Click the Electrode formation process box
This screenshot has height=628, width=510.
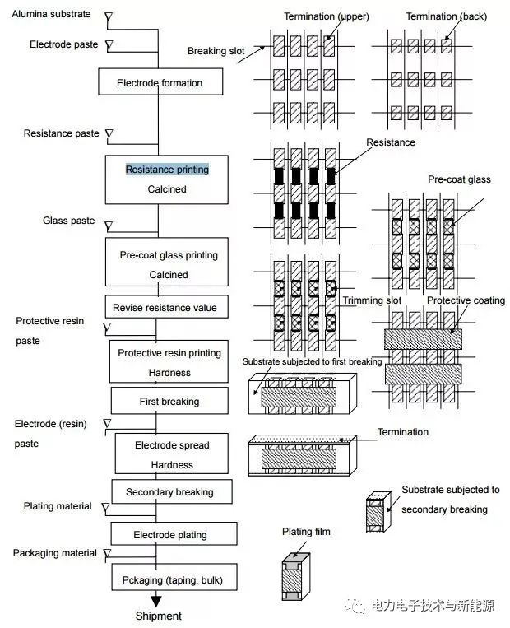point(160,81)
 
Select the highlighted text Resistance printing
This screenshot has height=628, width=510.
point(167,170)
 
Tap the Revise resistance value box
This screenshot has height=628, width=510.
point(166,307)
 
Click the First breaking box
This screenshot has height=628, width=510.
point(169,401)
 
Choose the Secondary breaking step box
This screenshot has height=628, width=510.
point(172,492)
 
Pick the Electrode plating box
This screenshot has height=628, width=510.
point(174,534)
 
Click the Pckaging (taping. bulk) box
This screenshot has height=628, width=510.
point(174,578)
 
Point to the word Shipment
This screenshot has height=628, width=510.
point(159,616)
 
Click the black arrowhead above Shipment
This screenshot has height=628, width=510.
point(156,602)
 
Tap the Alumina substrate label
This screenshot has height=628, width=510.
point(51,14)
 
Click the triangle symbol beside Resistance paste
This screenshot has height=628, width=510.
point(109,134)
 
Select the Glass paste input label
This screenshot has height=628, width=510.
point(69,221)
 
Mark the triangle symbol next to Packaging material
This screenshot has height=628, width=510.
point(107,553)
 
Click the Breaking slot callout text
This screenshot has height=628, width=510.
point(216,51)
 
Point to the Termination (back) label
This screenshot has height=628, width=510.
point(447,16)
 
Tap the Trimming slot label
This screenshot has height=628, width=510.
point(372,300)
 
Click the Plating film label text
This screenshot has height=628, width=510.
point(306,532)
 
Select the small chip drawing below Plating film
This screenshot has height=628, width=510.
point(296,576)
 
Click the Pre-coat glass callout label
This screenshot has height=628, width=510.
point(459,179)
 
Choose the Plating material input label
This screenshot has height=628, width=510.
point(58,506)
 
